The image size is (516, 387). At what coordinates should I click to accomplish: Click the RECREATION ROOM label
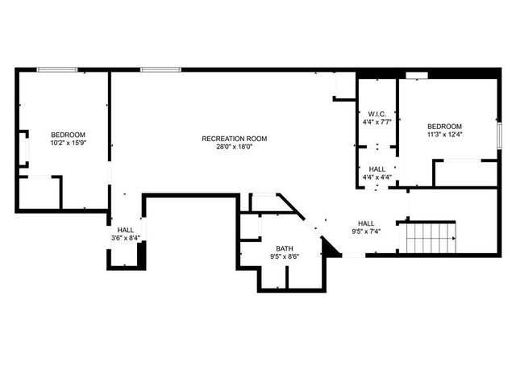coord(234,139)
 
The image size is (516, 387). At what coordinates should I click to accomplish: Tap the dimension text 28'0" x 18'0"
coord(234,147)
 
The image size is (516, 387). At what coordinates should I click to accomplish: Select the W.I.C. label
coord(377,114)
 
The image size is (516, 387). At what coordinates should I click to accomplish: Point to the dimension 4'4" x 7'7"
coord(377,122)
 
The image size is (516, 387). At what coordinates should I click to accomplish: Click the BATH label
coord(285,248)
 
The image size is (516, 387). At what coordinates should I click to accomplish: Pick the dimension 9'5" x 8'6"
coord(285,256)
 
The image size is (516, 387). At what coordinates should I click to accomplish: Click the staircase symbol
coord(431,237)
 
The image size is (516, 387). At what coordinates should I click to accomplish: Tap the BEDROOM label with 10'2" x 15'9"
coord(68,135)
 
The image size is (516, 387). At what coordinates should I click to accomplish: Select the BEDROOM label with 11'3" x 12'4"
coord(444,127)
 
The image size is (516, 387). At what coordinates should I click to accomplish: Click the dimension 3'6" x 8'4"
coord(126,238)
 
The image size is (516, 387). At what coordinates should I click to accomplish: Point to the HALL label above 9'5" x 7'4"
coord(366,223)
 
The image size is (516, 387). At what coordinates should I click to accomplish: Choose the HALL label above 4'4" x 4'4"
coord(377,169)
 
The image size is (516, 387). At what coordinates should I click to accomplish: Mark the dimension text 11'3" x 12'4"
coord(444,135)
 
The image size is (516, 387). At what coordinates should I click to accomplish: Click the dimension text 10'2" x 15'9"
coord(68,143)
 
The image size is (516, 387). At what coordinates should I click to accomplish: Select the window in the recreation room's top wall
coord(155,70)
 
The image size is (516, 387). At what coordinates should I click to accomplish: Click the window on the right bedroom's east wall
coord(499,133)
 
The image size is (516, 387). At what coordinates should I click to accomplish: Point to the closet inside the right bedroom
coord(465,173)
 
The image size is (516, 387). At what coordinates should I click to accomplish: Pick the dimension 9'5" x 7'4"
coord(366,231)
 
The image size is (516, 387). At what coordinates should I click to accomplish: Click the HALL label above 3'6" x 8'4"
coord(126,230)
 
